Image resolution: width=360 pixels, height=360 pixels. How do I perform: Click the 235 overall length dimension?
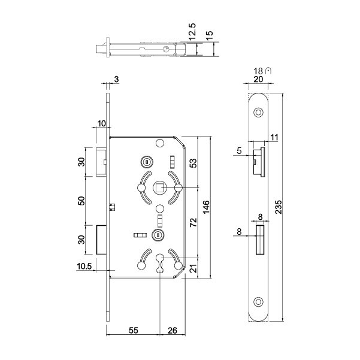279,207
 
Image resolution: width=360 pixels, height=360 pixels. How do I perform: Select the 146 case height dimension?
206,207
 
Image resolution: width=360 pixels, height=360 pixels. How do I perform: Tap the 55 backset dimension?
134,330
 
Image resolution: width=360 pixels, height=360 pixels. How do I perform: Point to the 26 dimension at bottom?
173,330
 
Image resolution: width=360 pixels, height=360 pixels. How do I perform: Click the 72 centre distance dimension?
193,222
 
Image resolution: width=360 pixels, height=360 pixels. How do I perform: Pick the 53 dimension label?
193,163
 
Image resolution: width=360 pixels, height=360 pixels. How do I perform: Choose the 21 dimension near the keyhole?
193,268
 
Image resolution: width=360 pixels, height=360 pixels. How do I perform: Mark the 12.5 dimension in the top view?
192,32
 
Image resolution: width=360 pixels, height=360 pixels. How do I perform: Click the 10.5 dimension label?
84,267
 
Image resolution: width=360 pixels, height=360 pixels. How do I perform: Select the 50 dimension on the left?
81,201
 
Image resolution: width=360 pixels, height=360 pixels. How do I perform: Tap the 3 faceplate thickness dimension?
116,79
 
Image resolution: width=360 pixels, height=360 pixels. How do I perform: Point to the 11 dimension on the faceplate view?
274,138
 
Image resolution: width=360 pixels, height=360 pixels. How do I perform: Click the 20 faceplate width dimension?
258,79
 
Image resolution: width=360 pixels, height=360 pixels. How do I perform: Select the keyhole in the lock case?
159,263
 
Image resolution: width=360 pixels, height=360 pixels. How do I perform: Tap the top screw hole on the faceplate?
258,113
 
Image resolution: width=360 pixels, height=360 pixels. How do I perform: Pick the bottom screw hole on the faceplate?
258,302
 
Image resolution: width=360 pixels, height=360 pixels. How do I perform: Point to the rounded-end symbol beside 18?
268,71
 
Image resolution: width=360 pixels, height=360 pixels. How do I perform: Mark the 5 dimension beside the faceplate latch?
239,151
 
